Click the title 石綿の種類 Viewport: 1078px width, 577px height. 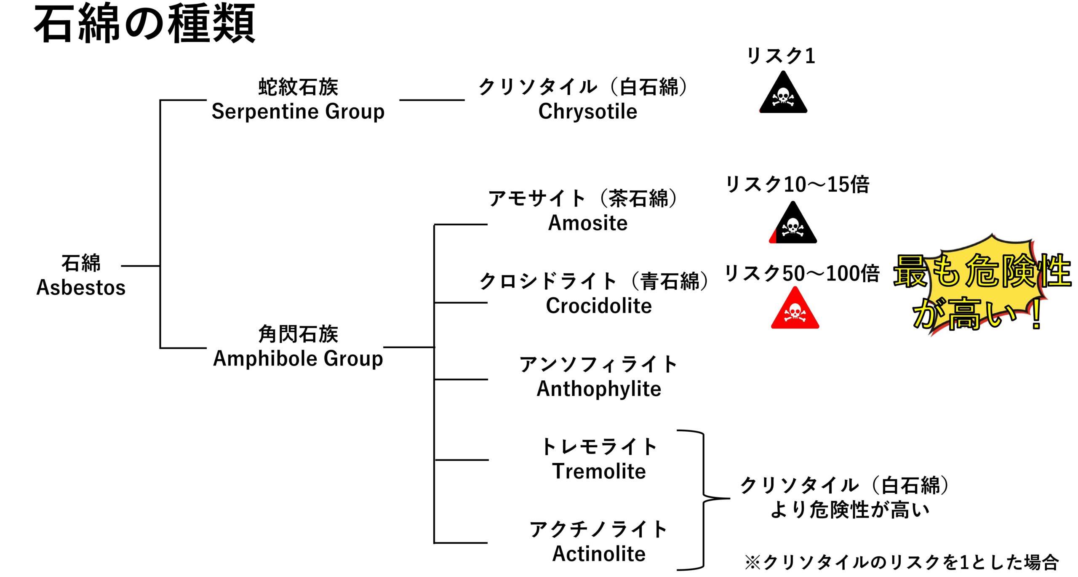click(x=144, y=24)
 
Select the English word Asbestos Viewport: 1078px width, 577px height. click(x=81, y=288)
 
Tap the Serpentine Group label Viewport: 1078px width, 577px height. click(x=298, y=112)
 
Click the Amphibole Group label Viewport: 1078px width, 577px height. click(x=298, y=359)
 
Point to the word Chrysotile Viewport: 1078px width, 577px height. click(x=587, y=112)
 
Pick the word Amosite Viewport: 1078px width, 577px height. click(x=587, y=223)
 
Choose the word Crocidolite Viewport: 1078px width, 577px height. click(x=598, y=306)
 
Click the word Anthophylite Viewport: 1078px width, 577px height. click(x=598, y=389)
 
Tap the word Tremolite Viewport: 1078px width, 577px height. click(x=598, y=471)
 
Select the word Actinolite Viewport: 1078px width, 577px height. click(x=598, y=554)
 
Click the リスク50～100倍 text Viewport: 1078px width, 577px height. click(x=801, y=273)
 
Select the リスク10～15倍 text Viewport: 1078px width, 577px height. click(x=797, y=184)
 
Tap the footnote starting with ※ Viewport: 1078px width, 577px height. click(x=901, y=562)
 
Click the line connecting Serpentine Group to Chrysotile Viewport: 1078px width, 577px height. click(x=432, y=100)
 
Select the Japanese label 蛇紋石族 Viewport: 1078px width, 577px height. click(x=298, y=87)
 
